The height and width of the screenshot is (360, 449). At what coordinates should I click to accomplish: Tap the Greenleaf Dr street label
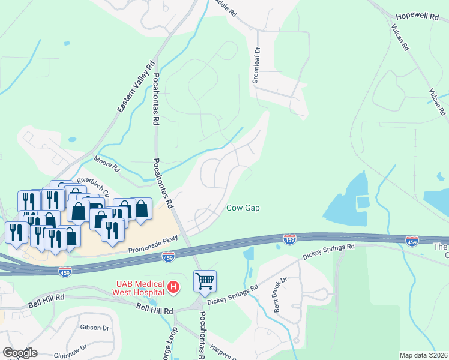click(256, 65)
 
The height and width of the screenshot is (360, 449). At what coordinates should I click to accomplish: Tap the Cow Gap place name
click(243, 208)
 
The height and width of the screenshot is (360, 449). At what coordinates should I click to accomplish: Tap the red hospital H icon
click(173, 287)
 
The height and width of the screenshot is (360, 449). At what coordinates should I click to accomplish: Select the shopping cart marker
click(205, 280)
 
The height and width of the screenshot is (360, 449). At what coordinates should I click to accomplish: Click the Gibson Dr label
click(94, 328)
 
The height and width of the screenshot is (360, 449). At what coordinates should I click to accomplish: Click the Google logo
click(20, 353)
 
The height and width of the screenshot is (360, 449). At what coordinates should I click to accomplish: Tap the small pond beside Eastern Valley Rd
click(73, 139)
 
